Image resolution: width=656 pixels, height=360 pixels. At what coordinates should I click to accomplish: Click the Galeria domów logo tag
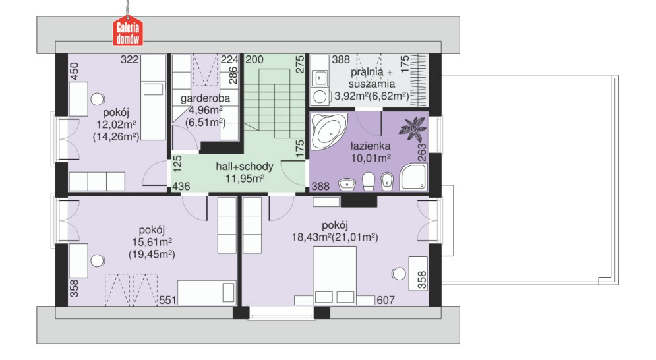(x=128, y=30)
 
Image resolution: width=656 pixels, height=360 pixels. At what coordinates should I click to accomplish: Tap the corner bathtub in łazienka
(x=328, y=130)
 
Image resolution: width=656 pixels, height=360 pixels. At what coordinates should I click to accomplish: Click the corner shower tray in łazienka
(x=413, y=177)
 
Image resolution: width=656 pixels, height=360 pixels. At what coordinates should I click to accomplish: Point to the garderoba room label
(x=206, y=99)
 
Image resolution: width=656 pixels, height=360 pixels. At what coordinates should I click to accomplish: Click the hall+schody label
(x=245, y=167)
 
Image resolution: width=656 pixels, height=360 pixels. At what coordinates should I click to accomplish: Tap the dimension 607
(x=386, y=300)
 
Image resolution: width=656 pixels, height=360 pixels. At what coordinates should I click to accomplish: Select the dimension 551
(x=167, y=300)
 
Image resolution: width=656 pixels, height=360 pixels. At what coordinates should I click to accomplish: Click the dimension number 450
(x=74, y=72)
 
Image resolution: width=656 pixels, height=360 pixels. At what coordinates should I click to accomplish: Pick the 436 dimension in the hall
(x=181, y=186)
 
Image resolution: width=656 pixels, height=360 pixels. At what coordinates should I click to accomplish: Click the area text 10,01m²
(x=371, y=158)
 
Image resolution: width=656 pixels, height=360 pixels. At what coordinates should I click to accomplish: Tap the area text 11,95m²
(x=245, y=179)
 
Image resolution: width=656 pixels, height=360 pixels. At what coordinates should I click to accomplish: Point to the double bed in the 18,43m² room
(x=335, y=274)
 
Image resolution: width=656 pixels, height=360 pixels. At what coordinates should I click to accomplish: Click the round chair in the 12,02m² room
(x=98, y=99)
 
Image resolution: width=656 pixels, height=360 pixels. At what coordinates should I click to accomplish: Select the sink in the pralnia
(x=321, y=77)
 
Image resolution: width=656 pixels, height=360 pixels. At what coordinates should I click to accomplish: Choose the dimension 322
(x=129, y=60)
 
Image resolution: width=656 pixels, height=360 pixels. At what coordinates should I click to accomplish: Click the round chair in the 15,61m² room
(x=98, y=261)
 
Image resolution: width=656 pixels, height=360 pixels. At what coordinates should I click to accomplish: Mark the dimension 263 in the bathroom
(x=422, y=152)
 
